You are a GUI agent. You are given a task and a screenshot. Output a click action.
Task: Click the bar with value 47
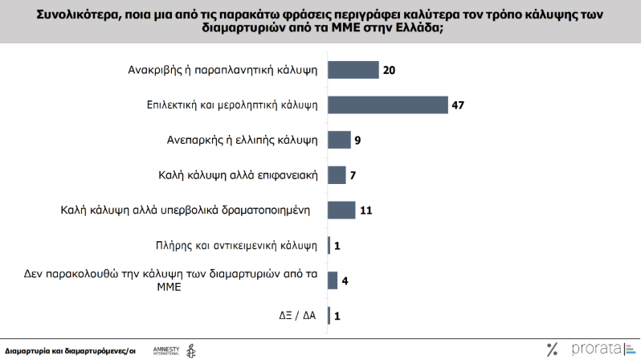point(387,105)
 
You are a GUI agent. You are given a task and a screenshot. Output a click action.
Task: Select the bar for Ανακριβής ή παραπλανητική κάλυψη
point(353,71)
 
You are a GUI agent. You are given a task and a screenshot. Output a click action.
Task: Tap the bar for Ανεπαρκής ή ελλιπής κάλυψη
point(339,140)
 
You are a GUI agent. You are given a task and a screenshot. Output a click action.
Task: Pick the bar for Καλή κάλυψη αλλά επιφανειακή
point(337,175)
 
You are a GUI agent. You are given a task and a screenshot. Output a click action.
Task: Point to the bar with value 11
point(341,211)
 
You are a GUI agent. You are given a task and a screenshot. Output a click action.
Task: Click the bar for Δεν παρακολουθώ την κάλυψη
point(332,280)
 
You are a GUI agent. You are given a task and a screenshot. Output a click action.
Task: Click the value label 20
point(390,71)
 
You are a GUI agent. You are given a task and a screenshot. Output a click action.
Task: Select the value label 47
point(459,105)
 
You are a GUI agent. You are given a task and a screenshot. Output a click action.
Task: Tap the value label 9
point(358,141)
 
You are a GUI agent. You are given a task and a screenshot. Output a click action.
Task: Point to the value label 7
point(354,175)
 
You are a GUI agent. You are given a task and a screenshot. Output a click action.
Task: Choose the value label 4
point(345,280)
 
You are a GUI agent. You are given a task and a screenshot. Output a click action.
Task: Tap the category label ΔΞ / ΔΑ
point(296,316)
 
